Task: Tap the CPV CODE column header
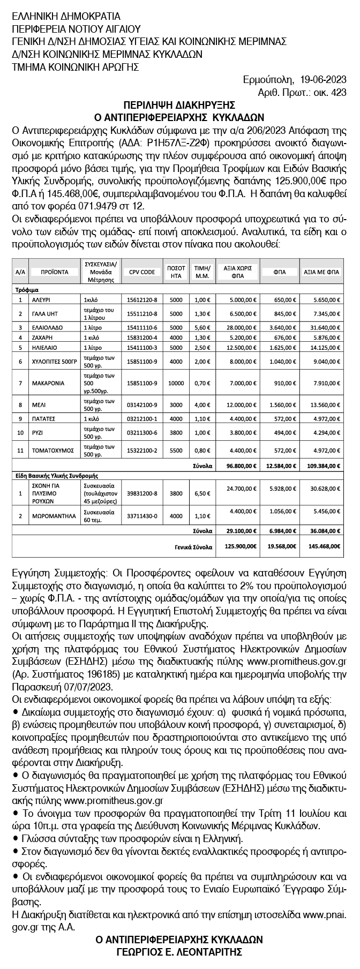pos(142,272)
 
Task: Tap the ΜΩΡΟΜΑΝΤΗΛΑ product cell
pos(49,516)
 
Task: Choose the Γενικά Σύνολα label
pos(197,547)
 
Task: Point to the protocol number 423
pos(339,92)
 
